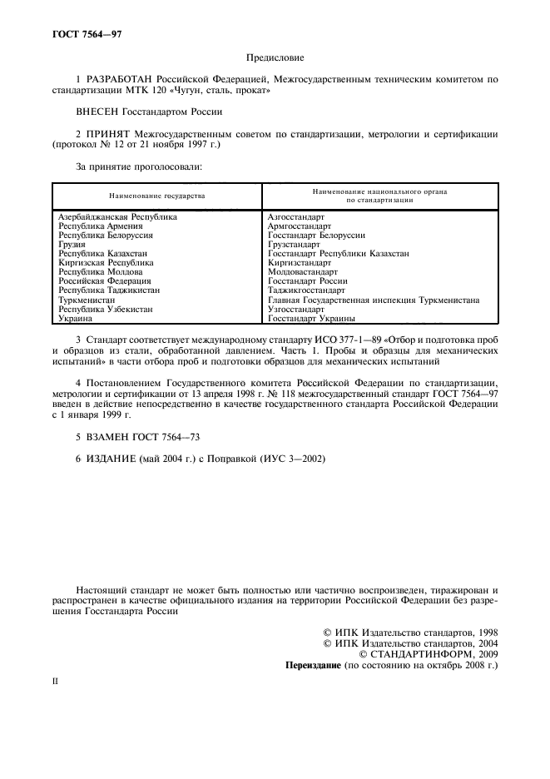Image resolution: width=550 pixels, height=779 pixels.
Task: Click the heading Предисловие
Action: (275, 57)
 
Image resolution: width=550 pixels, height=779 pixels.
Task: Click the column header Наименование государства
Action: (156, 196)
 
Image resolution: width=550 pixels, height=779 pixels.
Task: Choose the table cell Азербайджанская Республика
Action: (117, 216)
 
